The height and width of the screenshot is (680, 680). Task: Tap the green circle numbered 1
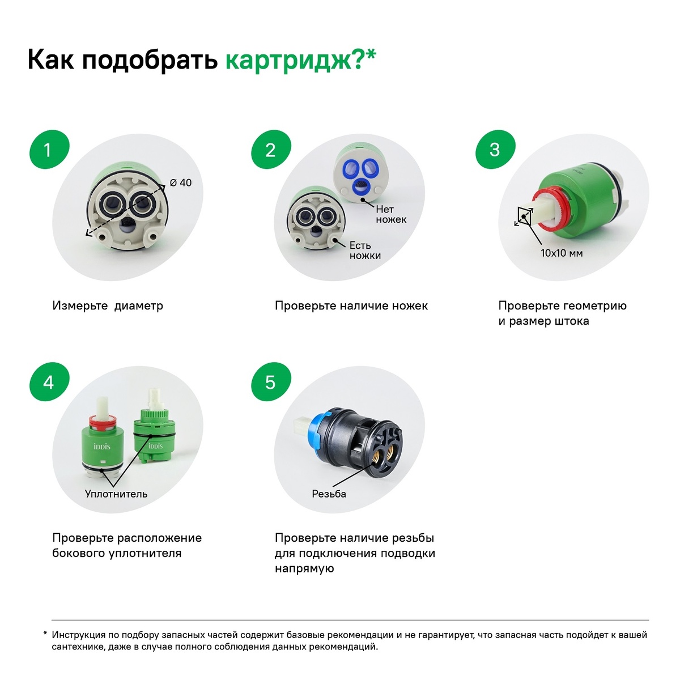pos(49,150)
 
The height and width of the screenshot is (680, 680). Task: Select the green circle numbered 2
pos(271,150)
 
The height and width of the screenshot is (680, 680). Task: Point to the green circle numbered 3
pos(495,150)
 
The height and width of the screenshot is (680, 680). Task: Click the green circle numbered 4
pos(49,382)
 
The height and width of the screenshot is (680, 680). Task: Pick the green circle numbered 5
pos(271,382)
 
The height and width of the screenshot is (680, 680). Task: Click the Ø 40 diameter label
pos(181,182)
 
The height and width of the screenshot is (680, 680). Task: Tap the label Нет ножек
pos(390,214)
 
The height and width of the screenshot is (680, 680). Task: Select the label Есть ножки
pos(365,250)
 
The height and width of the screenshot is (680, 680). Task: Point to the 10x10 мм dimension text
pos(562,253)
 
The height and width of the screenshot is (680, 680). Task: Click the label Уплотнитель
pos(116,494)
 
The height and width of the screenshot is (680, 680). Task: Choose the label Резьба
pos(329,494)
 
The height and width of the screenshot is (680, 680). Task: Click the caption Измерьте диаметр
pos(108,305)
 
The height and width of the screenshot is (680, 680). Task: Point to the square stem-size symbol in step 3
pos(524,216)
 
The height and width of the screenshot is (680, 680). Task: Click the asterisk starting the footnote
pos(45,633)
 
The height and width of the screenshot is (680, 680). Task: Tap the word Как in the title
pos(51,59)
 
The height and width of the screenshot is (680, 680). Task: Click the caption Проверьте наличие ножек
pos(351,305)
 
